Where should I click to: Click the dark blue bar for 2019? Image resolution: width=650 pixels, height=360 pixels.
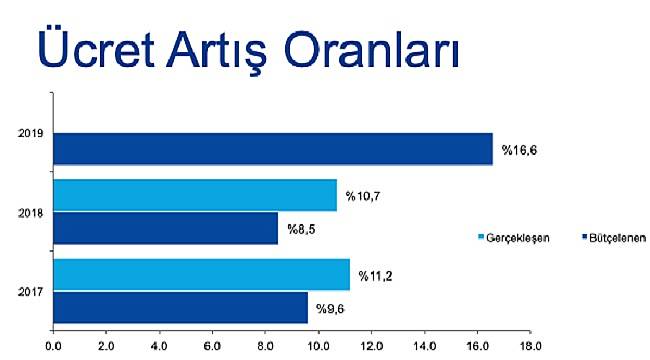coord(273,148)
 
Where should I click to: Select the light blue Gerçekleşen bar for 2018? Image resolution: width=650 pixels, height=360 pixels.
coord(195,195)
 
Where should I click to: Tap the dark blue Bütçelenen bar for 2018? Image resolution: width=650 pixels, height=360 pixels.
coord(165,228)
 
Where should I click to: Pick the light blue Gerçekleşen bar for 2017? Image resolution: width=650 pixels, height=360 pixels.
coord(201,274)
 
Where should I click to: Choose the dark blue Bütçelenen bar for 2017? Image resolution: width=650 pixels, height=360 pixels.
coord(180,307)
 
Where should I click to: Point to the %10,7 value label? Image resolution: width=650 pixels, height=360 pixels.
coord(366,195)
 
